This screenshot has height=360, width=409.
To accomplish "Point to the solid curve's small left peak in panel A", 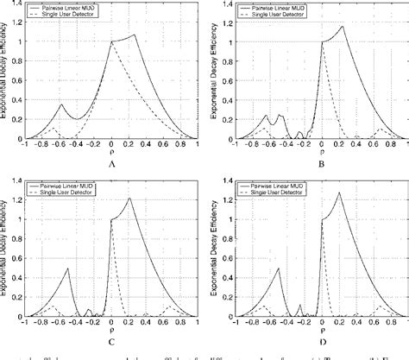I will (61, 105).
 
